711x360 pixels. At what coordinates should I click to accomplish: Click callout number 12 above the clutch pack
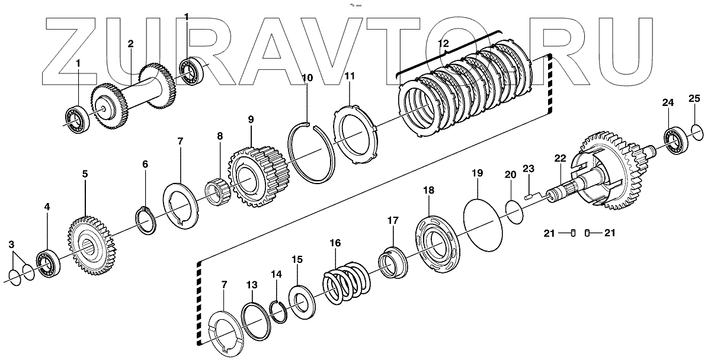(x=443, y=44)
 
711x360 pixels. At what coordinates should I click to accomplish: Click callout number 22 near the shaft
(x=561, y=159)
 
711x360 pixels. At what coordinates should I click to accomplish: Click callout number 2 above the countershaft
(x=130, y=44)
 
